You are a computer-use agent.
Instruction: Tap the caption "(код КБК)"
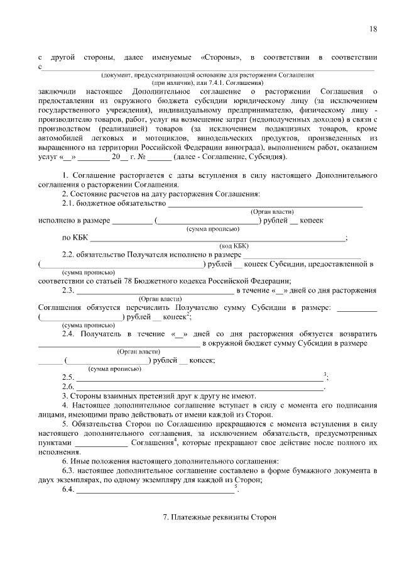234,246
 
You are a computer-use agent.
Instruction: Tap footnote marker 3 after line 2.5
325,375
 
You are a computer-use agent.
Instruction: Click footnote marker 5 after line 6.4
236,487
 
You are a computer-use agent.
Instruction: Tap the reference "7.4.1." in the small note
205,82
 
